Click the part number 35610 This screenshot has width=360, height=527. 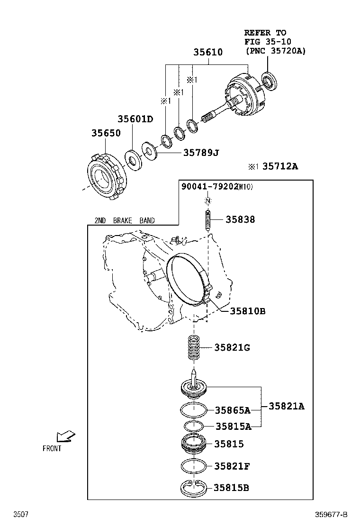pyautogui.click(x=207, y=53)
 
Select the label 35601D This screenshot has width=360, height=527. pyautogui.click(x=135, y=119)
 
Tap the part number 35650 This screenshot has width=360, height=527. pyautogui.click(x=106, y=134)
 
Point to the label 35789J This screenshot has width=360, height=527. pyautogui.click(x=201, y=153)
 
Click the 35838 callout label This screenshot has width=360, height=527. pyautogui.click(x=240, y=219)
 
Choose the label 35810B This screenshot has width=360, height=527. pyautogui.click(x=247, y=311)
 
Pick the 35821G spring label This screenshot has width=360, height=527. pyautogui.click(x=232, y=347)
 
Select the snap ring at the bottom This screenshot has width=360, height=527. pyautogui.click(x=193, y=489)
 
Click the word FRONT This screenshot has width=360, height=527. pyautogui.click(x=52, y=448)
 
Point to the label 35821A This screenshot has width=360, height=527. pyautogui.click(x=287, y=406)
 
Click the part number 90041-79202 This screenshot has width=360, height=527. pyautogui.click(x=209, y=187)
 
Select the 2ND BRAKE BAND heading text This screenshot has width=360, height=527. pyautogui.click(x=124, y=220)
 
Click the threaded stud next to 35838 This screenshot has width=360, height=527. pyautogui.click(x=208, y=220)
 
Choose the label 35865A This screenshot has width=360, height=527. pyautogui.click(x=232, y=410)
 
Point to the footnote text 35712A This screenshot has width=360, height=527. pyautogui.click(x=280, y=166)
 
